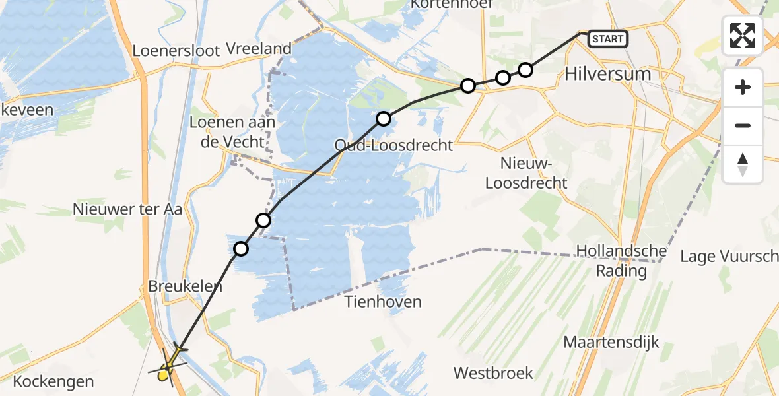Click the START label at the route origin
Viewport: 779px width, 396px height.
click(x=607, y=39)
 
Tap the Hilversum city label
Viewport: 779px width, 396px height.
click(x=607, y=74)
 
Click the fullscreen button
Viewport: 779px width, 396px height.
click(x=743, y=36)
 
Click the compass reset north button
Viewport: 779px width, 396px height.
click(x=743, y=164)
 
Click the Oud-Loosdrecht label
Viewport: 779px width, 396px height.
click(x=393, y=145)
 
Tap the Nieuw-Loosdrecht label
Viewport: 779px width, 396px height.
click(x=526, y=173)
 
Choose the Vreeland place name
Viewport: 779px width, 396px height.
click(x=259, y=48)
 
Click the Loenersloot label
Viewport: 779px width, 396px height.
click(x=176, y=51)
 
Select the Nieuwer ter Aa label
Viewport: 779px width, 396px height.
click(x=127, y=210)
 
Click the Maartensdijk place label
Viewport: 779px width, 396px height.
click(x=611, y=342)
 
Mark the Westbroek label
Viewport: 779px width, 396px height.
click(x=493, y=373)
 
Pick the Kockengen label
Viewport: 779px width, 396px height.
click(x=53, y=381)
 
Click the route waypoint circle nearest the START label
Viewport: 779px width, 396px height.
click(x=525, y=69)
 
